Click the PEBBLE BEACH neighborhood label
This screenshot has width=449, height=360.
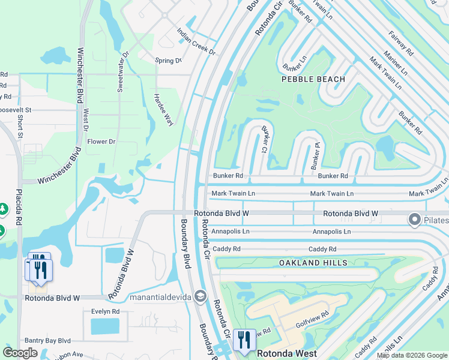coord(313,79)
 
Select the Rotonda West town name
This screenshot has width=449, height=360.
coord(287,354)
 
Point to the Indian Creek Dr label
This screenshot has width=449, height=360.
coord(196,41)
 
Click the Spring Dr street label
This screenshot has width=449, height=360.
coord(168,61)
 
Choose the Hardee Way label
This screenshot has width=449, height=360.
coord(163,109)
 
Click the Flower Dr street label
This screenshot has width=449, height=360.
coord(101,142)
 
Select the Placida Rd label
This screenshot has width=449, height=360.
coord(20,210)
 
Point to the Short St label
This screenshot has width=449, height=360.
coord(20,127)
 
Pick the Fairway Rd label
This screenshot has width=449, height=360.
coord(401,43)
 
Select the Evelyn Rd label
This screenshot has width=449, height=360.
coord(105,311)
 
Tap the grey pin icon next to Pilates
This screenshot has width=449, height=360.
coord(414,220)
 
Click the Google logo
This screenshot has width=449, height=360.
coord(20,353)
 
